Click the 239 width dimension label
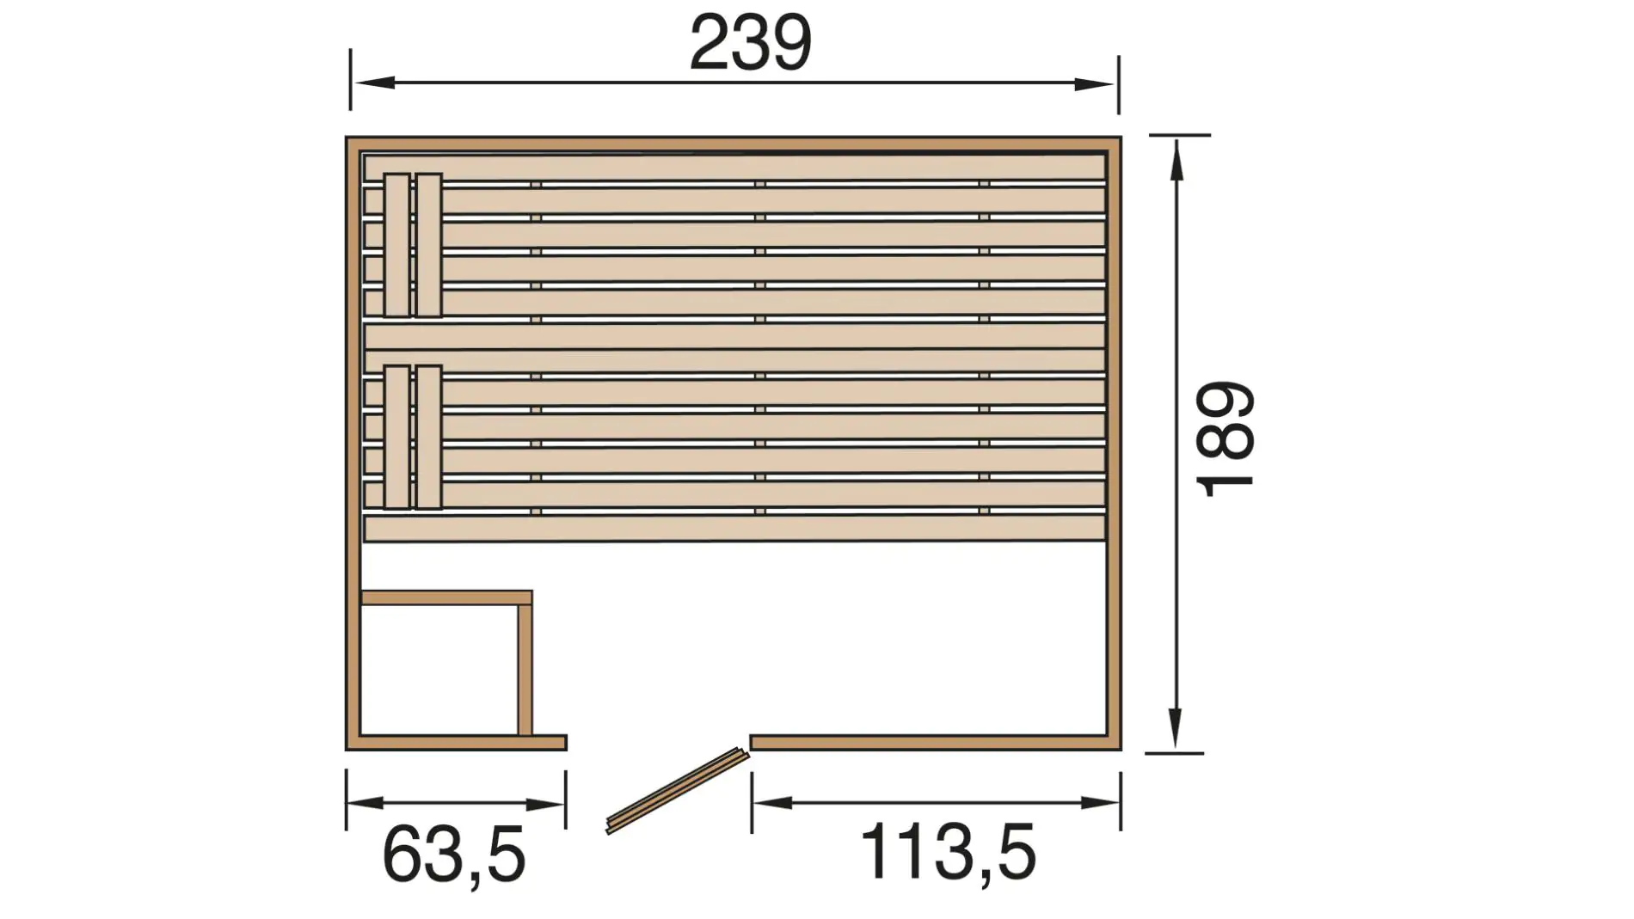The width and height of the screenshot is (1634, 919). [750, 43]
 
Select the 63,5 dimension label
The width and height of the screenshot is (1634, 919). [453, 855]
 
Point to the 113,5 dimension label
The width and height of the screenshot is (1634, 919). [948, 852]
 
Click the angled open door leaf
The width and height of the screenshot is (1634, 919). [677, 790]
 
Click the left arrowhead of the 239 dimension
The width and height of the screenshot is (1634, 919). [372, 83]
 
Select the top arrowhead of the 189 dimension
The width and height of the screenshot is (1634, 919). [1176, 159]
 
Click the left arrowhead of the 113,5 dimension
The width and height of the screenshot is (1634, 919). [773, 803]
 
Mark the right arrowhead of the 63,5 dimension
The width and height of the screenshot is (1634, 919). [545, 805]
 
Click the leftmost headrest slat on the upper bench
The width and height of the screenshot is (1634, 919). [396, 245]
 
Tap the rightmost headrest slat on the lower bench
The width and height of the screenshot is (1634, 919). [428, 437]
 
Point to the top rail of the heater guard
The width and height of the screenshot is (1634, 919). [446, 597]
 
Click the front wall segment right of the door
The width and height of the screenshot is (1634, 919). [929, 742]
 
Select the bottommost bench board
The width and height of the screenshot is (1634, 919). [734, 528]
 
